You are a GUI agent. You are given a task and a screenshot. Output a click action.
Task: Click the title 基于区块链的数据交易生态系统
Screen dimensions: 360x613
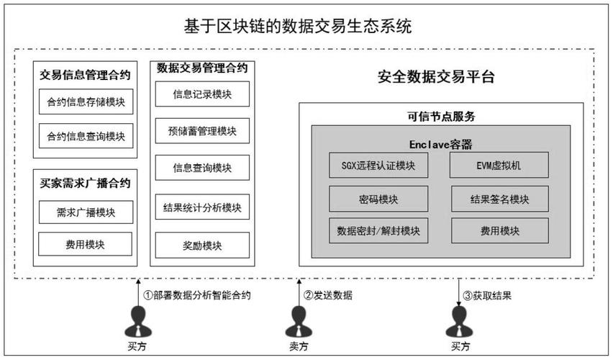[298, 27]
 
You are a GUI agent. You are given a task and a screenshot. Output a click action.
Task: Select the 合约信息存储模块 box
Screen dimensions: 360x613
[86, 102]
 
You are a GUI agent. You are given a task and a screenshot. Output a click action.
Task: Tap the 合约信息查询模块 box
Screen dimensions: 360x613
[86, 135]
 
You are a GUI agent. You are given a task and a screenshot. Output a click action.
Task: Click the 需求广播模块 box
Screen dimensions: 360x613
[86, 212]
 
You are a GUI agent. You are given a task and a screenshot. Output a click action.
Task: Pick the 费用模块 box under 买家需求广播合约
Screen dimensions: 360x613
[86, 245]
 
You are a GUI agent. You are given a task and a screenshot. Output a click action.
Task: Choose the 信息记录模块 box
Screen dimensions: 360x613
[202, 94]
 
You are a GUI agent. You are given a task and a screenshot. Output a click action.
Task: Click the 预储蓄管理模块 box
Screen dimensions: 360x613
[202, 131]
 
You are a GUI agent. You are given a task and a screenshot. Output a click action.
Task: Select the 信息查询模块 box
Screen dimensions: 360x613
[202, 168]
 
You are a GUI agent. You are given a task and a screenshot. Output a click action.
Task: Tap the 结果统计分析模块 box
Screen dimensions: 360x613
[202, 208]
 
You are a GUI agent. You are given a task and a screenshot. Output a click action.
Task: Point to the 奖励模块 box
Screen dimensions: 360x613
[202, 246]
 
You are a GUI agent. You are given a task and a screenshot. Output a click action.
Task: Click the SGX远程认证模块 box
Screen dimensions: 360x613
[378, 166]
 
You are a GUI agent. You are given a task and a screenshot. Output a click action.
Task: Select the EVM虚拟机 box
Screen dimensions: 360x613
[500, 166]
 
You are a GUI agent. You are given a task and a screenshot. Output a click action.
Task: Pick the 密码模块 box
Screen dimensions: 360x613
[378, 199]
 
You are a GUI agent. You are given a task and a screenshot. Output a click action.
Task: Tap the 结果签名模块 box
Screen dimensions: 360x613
[500, 199]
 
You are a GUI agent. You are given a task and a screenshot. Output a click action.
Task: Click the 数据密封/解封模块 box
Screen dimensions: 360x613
[378, 231]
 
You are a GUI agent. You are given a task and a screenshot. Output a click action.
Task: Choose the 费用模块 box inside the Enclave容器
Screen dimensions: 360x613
[500, 231]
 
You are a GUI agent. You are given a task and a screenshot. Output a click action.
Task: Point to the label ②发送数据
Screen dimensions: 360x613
[328, 294]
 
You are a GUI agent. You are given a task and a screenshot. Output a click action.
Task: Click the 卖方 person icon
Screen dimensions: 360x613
[295, 321]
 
